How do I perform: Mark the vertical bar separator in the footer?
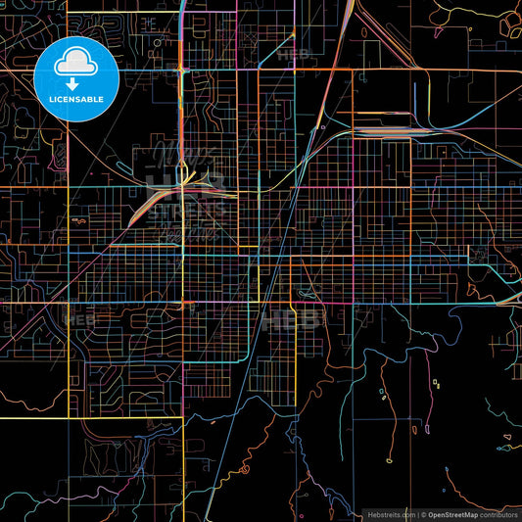click(x=417, y=513)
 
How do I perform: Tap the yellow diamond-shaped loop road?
click(x=434, y=382)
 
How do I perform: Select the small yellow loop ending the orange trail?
click(x=389, y=459)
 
